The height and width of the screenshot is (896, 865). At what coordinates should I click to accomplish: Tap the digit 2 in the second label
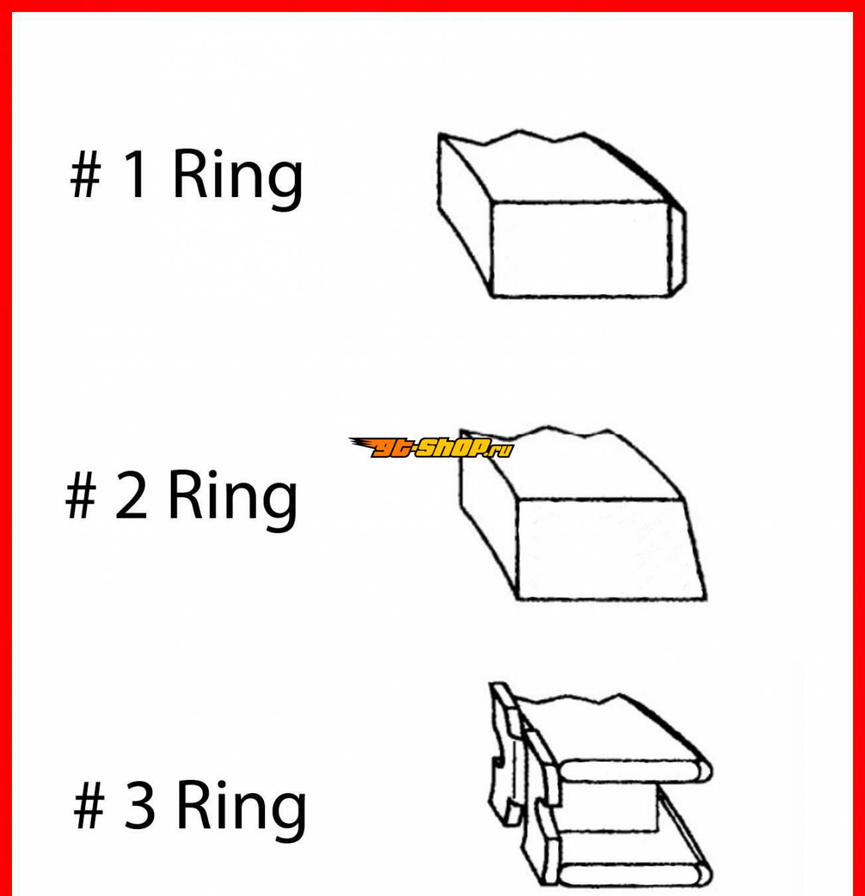tap(132, 495)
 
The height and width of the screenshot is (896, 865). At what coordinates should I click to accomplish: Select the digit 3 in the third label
tap(140, 805)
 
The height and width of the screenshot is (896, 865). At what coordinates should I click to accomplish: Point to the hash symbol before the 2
tap(81, 496)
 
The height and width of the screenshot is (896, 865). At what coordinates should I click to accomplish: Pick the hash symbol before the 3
tap(89, 806)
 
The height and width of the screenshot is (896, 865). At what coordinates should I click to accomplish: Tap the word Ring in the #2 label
tap(233, 501)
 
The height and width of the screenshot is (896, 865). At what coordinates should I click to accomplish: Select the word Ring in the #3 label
tap(241, 811)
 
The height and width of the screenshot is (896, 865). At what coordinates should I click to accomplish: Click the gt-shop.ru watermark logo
tap(431, 447)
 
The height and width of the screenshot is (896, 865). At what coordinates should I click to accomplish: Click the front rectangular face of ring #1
tap(581, 249)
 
